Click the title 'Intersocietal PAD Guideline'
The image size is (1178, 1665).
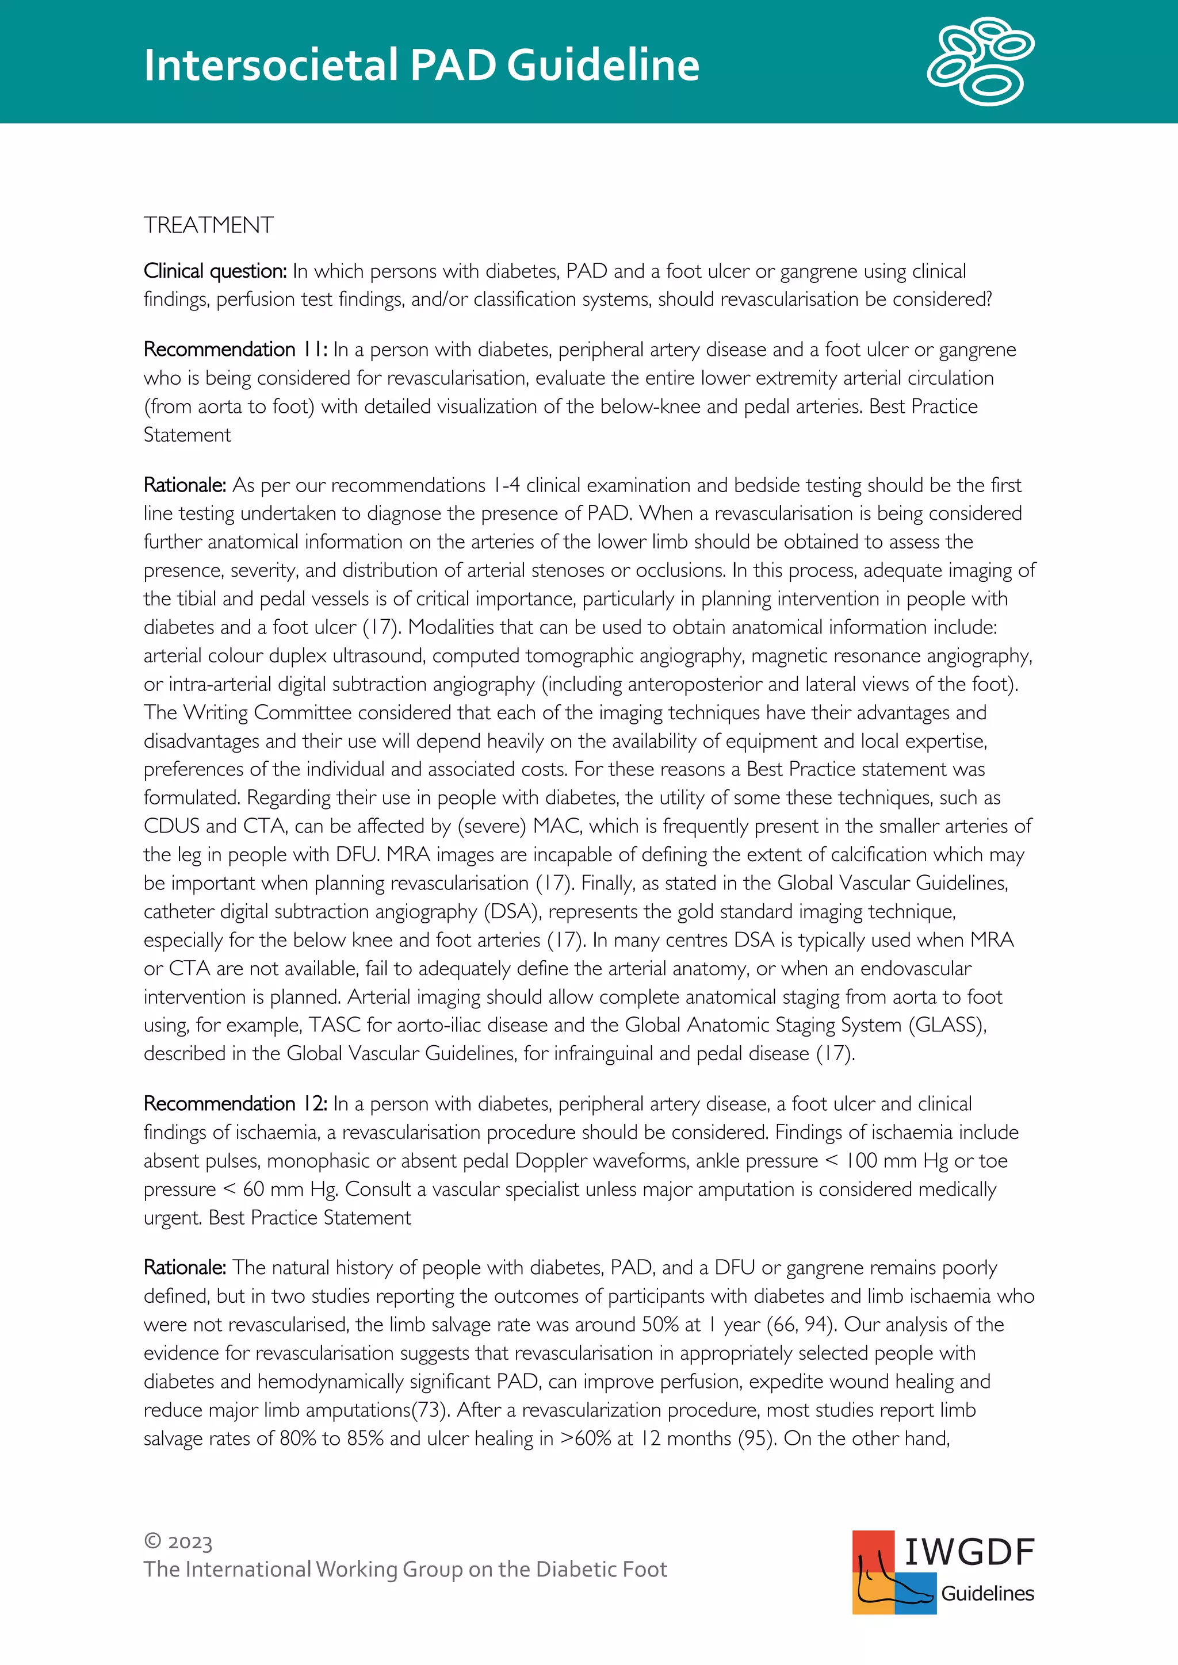coord(420,66)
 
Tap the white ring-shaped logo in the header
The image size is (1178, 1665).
coord(980,62)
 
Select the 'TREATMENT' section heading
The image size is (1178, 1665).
coord(208,225)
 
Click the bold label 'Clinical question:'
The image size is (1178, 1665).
coord(216,271)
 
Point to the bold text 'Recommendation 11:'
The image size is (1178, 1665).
coord(235,350)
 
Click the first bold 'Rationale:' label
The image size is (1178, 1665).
coord(185,485)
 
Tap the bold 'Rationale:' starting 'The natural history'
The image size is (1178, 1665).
coord(185,1268)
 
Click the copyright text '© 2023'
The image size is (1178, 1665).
coord(178,1542)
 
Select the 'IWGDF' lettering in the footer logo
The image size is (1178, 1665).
coord(969,1552)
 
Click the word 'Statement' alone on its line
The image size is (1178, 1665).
coord(187,435)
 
